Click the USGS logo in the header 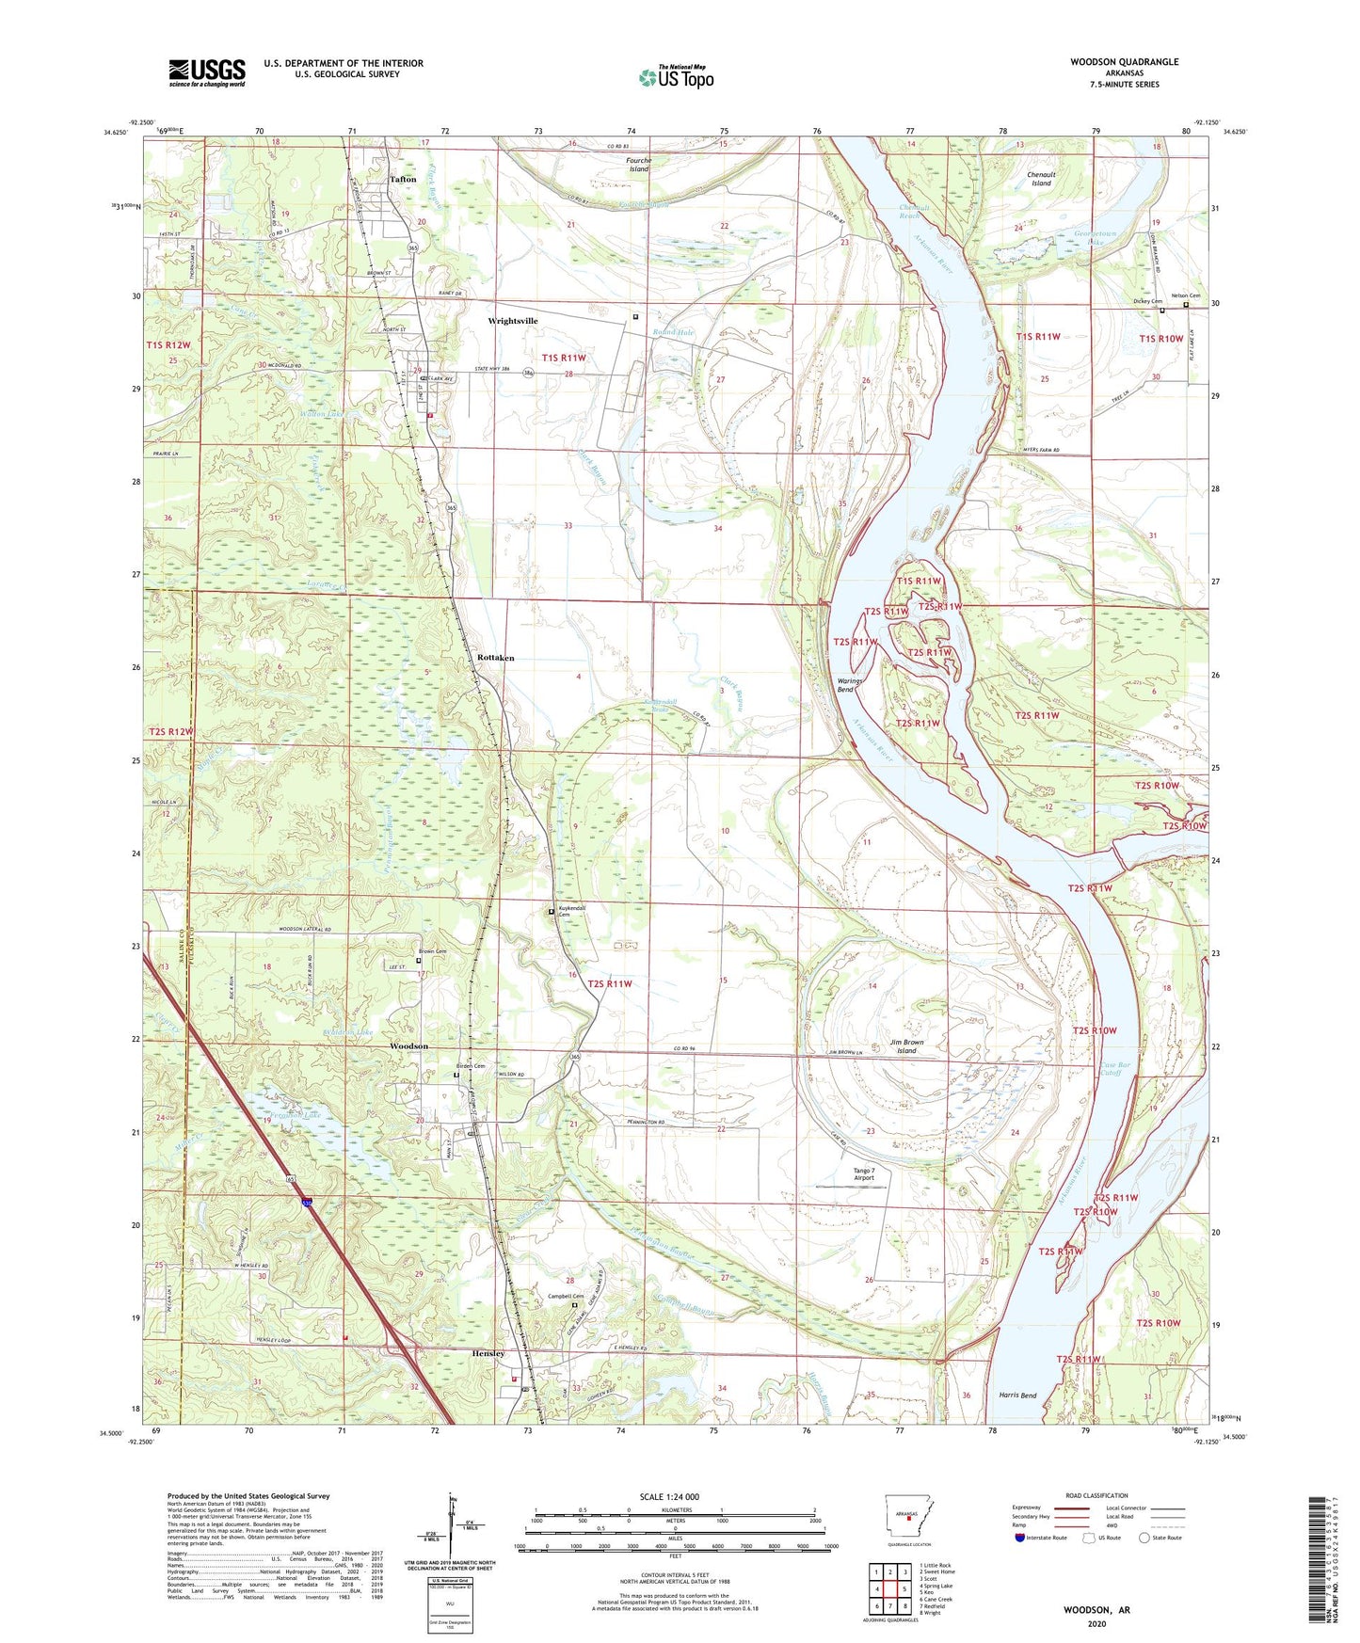(x=207, y=72)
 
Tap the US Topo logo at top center (x=676, y=77)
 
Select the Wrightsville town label (x=513, y=321)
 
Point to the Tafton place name (x=403, y=179)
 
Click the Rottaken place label (x=495, y=658)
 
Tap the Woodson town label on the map (x=409, y=1046)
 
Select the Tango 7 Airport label (x=863, y=1173)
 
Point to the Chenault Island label (x=1040, y=179)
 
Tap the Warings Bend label (x=845, y=685)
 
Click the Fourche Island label (x=639, y=165)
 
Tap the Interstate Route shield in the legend (x=1019, y=1539)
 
